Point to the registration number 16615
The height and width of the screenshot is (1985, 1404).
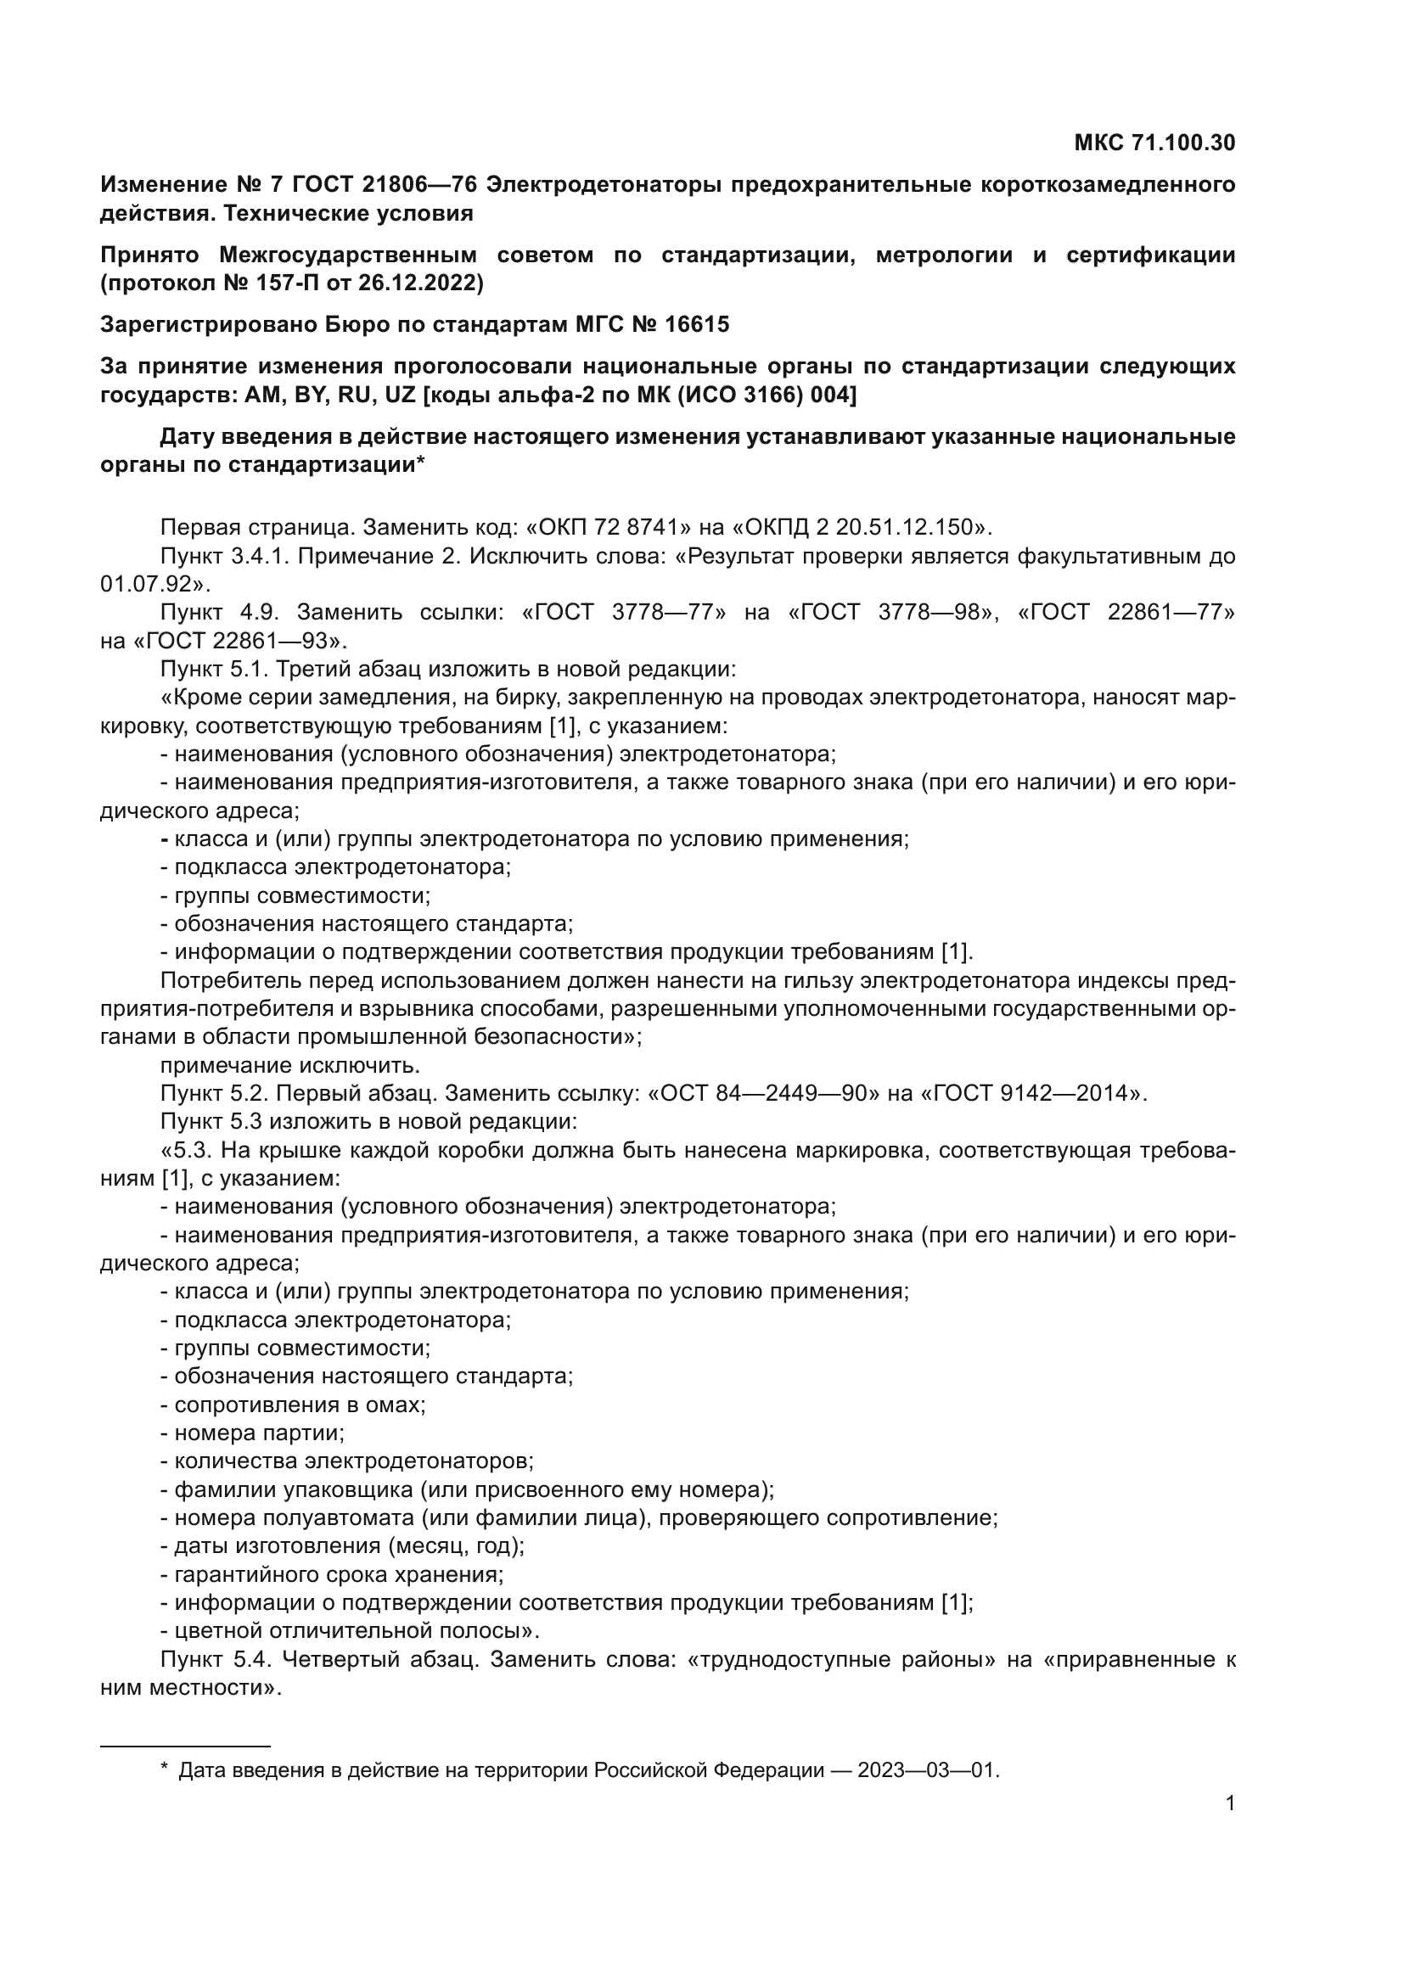point(697,324)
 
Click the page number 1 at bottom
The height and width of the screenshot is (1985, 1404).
point(1229,1803)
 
